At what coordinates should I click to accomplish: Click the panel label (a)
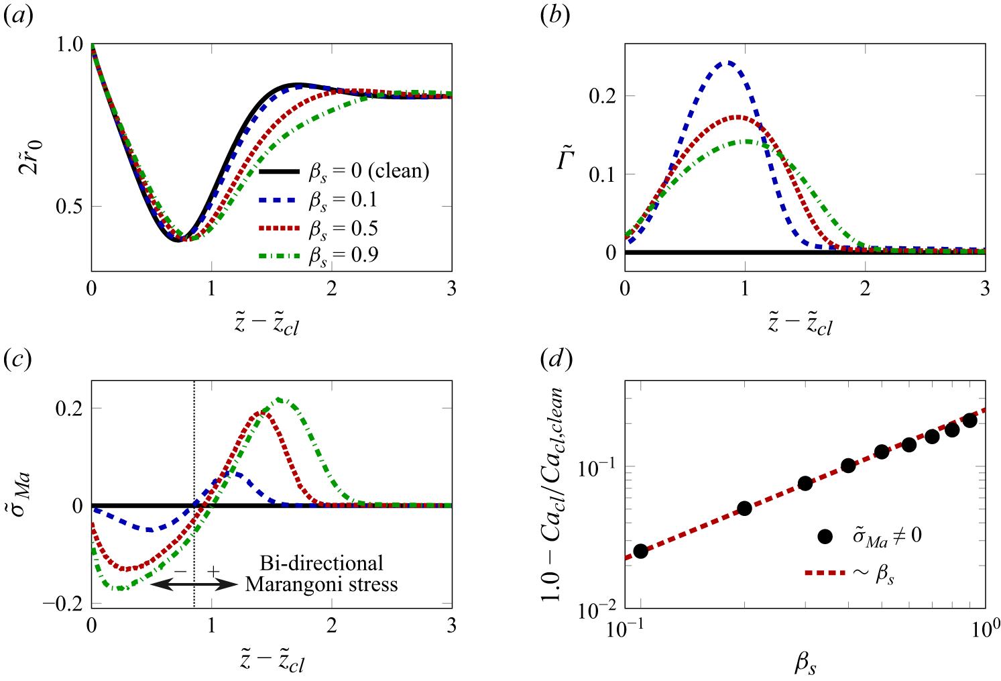pos(18,17)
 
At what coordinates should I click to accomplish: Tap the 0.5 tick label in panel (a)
pos(69,207)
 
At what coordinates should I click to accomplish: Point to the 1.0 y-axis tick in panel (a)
pos(69,44)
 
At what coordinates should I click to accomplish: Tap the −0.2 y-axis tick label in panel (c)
pos(63,604)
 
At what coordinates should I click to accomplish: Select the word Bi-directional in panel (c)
pos(321,564)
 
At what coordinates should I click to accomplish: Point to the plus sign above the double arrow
pos(214,571)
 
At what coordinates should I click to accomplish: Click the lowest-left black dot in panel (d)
pos(640,552)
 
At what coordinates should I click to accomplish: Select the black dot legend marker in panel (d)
pos(825,536)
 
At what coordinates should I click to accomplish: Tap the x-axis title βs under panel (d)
pos(805,664)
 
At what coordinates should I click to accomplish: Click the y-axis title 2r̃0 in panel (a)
pos(31,156)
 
